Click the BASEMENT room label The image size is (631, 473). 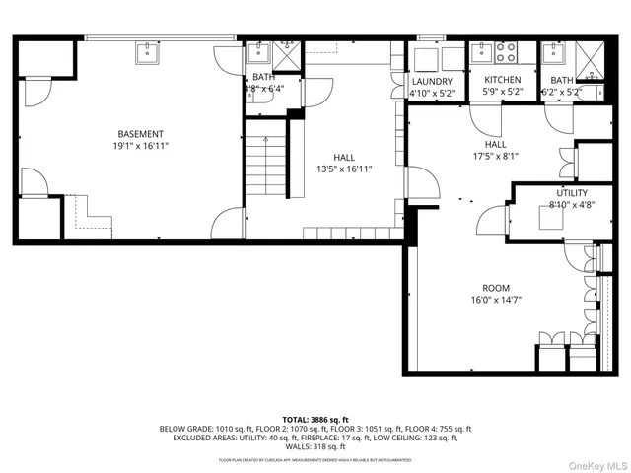click(141, 134)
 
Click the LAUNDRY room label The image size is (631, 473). click(432, 82)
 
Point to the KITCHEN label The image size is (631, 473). click(502, 81)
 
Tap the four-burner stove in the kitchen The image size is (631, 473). click(506, 52)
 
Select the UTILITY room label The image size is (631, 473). click(571, 193)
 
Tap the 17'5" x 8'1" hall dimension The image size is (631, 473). click(495, 156)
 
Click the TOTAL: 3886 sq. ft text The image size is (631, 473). click(315, 420)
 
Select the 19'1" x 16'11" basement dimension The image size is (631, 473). click(141, 146)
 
